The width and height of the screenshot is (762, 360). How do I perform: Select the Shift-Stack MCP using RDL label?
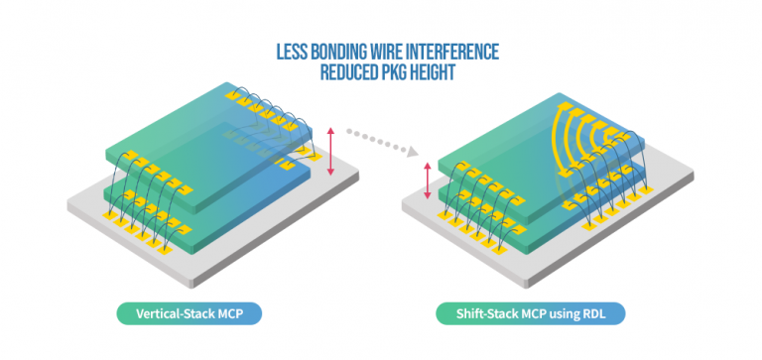pos(532,313)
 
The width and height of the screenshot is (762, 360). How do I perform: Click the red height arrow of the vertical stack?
pos(331,153)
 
